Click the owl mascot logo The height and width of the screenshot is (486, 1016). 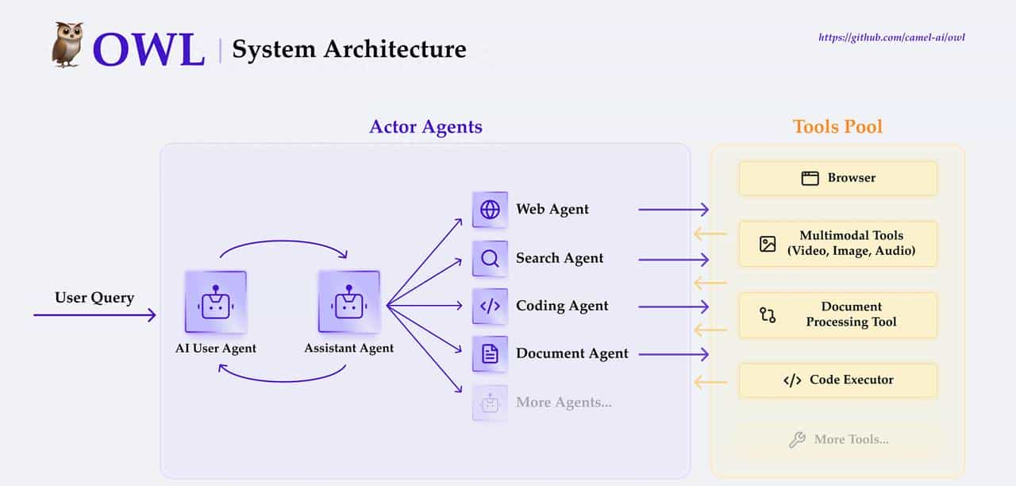(x=67, y=44)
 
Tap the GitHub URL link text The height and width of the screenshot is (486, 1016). (x=891, y=37)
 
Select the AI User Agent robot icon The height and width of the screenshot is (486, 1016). (x=215, y=302)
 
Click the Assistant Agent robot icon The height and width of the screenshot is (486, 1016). (x=348, y=302)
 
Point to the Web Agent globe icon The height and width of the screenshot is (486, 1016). (x=490, y=210)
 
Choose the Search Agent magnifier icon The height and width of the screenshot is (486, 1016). (x=490, y=258)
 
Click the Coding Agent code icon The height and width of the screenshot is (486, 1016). (x=490, y=306)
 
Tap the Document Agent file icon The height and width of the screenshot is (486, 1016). (x=490, y=354)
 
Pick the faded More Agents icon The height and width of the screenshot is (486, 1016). (x=490, y=403)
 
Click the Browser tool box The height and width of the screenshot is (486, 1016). (x=837, y=178)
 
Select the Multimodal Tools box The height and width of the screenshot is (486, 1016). (x=837, y=244)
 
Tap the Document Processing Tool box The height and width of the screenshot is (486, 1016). (x=837, y=314)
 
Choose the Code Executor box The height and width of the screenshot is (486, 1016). (x=837, y=380)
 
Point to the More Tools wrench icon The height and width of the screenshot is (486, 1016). (x=797, y=439)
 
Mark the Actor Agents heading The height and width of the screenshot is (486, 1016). (x=425, y=127)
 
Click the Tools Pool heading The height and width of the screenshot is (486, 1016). (x=837, y=127)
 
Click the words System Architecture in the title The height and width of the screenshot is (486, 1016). (x=348, y=49)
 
